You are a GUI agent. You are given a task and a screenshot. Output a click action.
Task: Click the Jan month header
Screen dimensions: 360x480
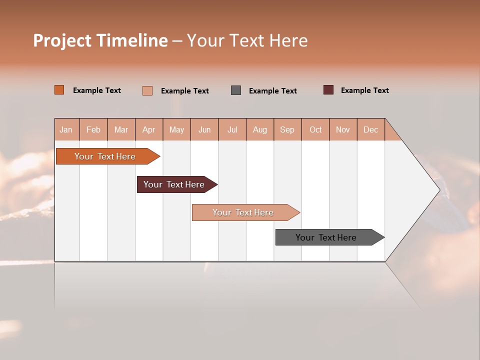point(66,129)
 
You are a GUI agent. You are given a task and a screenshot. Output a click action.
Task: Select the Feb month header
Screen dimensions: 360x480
point(93,129)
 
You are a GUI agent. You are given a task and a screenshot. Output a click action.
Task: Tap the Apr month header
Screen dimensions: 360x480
point(148,129)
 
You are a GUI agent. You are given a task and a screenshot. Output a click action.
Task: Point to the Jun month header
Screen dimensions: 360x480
point(204,129)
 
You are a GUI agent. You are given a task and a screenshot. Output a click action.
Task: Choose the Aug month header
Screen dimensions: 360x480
point(259,129)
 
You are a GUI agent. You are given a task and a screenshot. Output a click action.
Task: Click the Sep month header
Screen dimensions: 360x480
point(287,129)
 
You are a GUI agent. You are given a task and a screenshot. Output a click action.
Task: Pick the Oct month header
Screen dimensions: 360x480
point(315,129)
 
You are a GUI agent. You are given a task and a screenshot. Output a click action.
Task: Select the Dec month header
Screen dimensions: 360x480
point(370,129)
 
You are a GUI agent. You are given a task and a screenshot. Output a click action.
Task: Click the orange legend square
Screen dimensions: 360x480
point(59,90)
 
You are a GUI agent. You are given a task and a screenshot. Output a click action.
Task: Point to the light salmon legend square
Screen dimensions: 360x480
point(147,90)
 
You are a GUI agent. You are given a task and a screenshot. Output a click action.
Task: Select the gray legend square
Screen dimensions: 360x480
point(236,90)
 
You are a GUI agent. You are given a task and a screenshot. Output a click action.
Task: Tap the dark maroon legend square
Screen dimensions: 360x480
point(328,90)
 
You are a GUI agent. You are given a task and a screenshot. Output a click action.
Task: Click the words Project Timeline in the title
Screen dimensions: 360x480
point(100,40)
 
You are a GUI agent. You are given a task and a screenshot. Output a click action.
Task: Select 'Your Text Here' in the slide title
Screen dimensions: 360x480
point(247,40)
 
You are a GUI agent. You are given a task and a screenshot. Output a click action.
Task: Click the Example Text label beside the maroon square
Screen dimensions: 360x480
point(364,90)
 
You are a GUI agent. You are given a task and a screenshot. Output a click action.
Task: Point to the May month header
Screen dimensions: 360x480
point(176,129)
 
